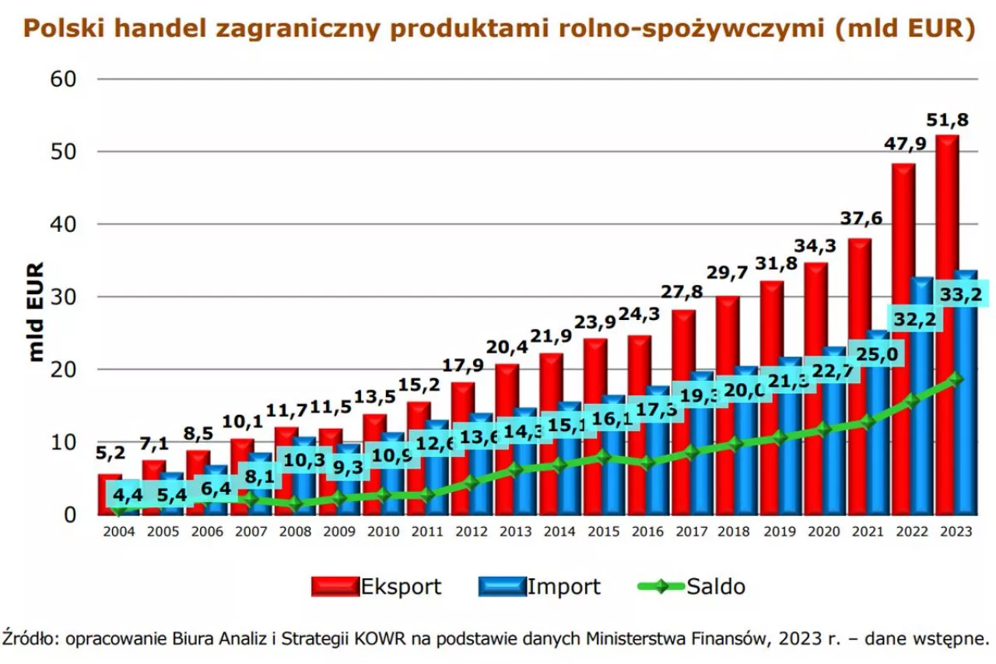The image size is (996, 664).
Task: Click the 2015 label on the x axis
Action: coord(604,532)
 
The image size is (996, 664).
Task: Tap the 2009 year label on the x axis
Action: coord(339,532)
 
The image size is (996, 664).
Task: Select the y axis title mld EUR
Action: coord(36,311)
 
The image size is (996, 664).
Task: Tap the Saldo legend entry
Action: coord(692,586)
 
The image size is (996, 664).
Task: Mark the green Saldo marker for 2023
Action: coord(956,379)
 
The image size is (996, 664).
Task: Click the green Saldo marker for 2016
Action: coord(647,463)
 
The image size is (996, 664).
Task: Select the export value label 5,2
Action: coord(110,452)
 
